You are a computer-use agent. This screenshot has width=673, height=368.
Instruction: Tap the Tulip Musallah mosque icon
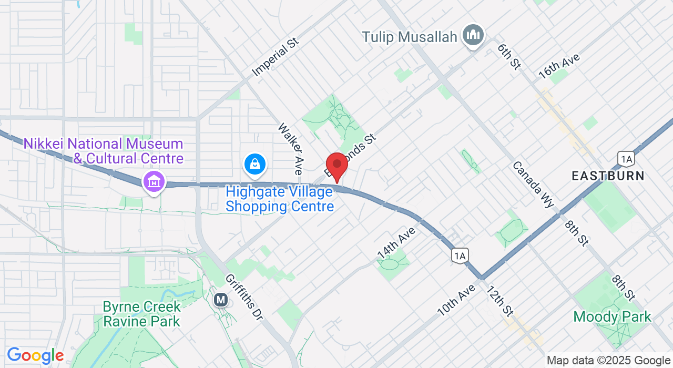[x=473, y=36]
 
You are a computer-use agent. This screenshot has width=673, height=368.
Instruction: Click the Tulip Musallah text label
[x=410, y=37]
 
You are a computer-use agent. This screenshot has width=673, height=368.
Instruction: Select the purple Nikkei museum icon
[x=154, y=182]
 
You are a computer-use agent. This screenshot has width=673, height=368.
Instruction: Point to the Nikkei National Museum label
[x=103, y=151]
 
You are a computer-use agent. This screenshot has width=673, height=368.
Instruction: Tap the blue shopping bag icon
[x=255, y=165]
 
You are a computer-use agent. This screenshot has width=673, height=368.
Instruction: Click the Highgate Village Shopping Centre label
[x=280, y=199]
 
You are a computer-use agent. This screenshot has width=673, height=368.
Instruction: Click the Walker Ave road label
[x=291, y=149]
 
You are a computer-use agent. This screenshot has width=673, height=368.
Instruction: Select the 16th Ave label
[x=559, y=66]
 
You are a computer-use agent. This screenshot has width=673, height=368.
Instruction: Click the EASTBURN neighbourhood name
[x=608, y=176]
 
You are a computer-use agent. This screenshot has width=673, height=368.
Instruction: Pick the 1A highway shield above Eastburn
[x=626, y=159]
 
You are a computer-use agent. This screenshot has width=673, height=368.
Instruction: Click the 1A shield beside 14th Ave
[x=460, y=255]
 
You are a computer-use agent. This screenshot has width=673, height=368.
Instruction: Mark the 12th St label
[x=499, y=301]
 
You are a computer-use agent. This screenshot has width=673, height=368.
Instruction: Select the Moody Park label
[x=612, y=317]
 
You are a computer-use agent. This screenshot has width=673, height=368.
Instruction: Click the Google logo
[x=35, y=356]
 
